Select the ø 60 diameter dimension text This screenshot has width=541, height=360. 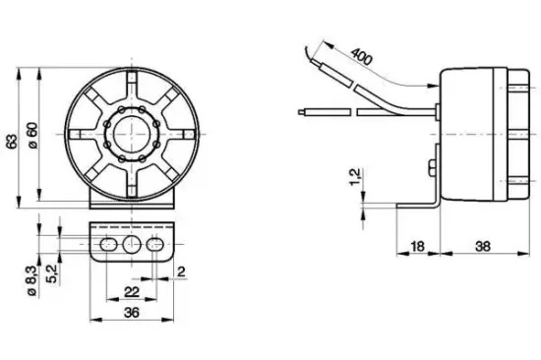pyautogui.click(x=32, y=139)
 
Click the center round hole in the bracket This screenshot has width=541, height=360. pyautogui.click(x=132, y=243)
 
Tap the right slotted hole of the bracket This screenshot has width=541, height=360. pyautogui.click(x=155, y=243)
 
